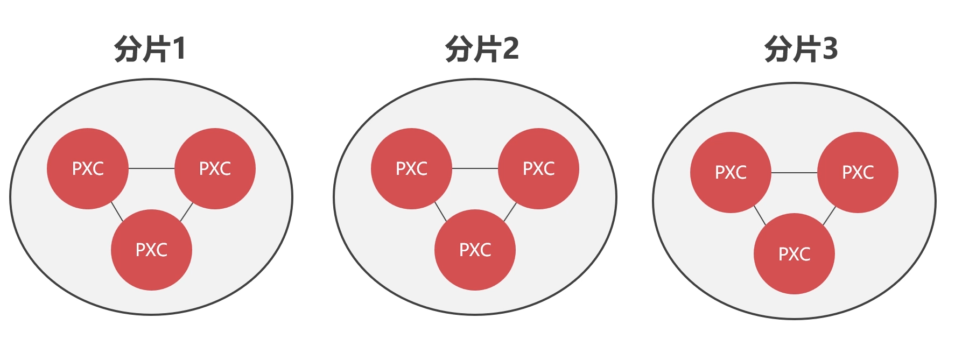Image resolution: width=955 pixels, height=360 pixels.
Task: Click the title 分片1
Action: pyautogui.click(x=150, y=49)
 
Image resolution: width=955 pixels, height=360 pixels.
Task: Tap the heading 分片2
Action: pyautogui.click(x=482, y=49)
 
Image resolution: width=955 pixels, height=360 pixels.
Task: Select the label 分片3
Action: pyautogui.click(x=801, y=49)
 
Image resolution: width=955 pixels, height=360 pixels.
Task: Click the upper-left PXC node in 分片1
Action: pyautogui.click(x=88, y=168)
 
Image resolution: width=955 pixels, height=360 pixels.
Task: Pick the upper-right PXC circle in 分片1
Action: pyautogui.click(x=215, y=168)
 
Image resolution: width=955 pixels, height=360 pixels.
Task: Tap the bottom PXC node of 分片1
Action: pyautogui.click(x=151, y=250)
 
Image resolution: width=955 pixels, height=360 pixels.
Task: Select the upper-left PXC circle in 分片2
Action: pyautogui.click(x=411, y=168)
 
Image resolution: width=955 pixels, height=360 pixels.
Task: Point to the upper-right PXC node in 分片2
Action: pyautogui.click(x=538, y=168)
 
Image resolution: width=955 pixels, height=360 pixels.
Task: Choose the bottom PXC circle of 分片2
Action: pyautogui.click(x=475, y=250)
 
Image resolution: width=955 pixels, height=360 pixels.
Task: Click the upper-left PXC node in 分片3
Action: pyautogui.click(x=731, y=172)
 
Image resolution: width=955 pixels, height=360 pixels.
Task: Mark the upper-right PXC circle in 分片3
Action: pyautogui.click(x=858, y=172)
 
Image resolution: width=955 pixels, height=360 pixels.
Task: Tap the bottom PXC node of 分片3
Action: pyautogui.click(x=794, y=253)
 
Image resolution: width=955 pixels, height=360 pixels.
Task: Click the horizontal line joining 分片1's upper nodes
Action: pyautogui.click(x=152, y=168)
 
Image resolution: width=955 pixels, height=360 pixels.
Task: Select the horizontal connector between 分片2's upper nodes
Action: pyautogui.click(x=475, y=168)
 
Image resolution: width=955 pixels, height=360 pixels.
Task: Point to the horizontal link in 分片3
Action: pyautogui.click(x=794, y=173)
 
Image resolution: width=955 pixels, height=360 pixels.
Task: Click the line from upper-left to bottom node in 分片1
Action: pyautogui.click(x=117, y=211)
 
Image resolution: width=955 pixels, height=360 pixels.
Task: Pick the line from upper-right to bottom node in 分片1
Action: pyautogui.click(x=186, y=212)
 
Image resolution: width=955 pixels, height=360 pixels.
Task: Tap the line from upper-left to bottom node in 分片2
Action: pyautogui.click(x=441, y=211)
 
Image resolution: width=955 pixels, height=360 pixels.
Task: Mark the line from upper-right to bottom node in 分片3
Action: pyautogui.click(x=829, y=216)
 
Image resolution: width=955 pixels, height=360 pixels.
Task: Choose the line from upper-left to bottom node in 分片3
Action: pyautogui.click(x=760, y=215)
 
